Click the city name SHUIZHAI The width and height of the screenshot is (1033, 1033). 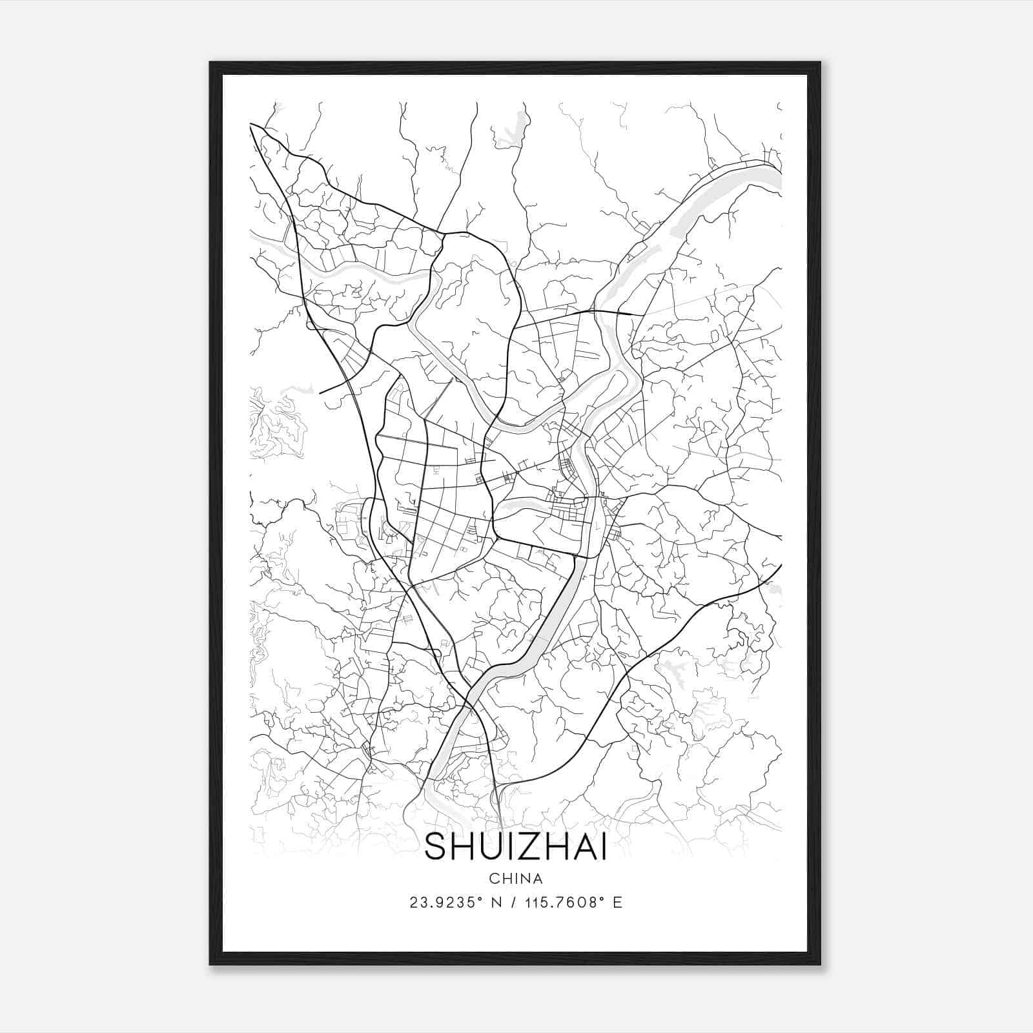pyautogui.click(x=515, y=848)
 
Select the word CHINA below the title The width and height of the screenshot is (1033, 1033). pyautogui.click(x=515, y=878)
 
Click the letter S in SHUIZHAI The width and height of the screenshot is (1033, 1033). pyautogui.click(x=436, y=848)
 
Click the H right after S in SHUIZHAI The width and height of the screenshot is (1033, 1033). pyautogui.click(x=462, y=848)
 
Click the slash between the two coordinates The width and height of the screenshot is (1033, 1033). pyautogui.click(x=514, y=903)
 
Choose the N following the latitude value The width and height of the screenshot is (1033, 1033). pyautogui.click(x=496, y=903)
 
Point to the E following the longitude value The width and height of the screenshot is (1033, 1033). pyautogui.click(x=618, y=903)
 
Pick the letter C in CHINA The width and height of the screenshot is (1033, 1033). pyautogui.click(x=493, y=878)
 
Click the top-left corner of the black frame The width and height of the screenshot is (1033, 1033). pyautogui.click(x=210, y=63)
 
